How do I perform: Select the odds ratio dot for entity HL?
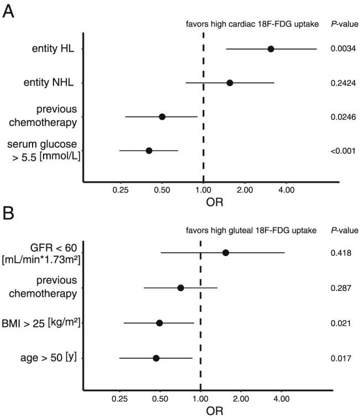click(x=271, y=49)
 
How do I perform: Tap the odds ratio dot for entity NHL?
click(x=230, y=83)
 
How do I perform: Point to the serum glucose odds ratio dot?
click(x=149, y=150)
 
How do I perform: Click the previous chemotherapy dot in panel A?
click(x=162, y=116)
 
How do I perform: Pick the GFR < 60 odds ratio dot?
click(x=225, y=253)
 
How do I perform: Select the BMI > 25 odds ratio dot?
click(x=160, y=323)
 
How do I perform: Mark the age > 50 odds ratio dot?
click(x=156, y=358)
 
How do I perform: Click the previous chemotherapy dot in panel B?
click(x=181, y=288)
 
